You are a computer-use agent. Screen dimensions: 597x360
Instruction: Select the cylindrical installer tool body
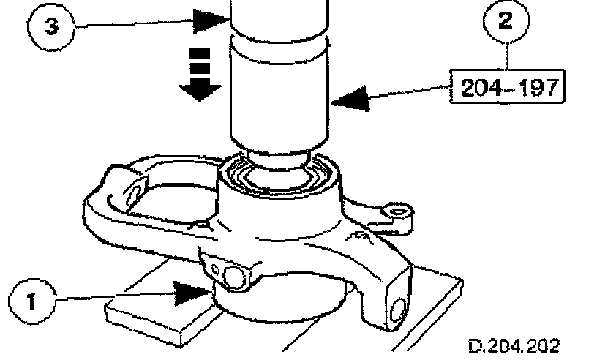coord(276,95)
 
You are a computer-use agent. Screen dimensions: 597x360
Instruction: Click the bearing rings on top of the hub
coord(278,176)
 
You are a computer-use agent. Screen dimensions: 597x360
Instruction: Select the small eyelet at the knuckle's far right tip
coord(398,212)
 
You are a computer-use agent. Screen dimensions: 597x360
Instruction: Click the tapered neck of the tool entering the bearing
coord(276,157)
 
